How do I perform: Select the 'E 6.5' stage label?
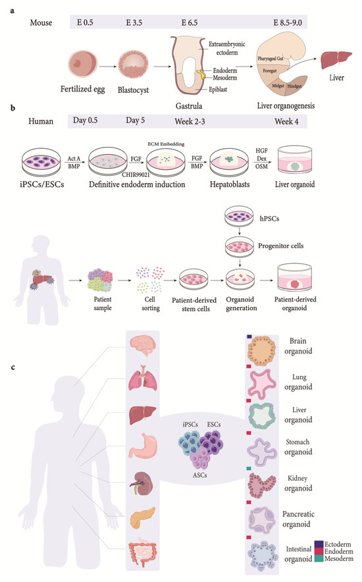[x=191, y=22]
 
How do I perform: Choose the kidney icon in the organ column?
[x=142, y=487]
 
